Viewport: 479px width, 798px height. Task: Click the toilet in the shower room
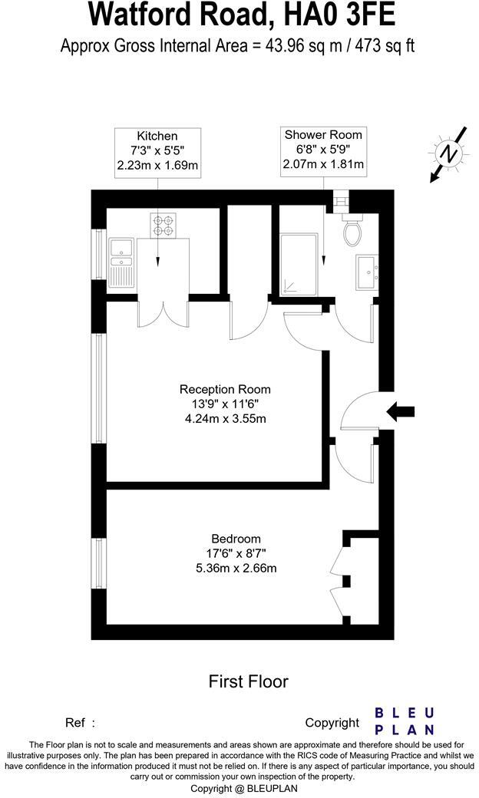353,231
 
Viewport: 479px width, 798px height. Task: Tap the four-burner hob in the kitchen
163,225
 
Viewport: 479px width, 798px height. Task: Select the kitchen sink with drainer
121,262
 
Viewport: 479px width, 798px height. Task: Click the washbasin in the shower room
366,272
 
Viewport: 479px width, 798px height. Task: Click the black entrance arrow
399,412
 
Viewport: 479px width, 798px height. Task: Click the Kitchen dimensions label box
157,153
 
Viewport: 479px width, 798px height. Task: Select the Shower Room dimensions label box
323,150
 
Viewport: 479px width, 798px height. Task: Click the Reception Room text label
225,389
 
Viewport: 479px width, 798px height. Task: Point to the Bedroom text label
236,539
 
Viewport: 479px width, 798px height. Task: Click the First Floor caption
248,681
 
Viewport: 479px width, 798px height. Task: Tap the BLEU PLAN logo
404,721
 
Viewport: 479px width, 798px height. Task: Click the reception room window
99,388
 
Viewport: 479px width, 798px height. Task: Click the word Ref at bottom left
74,722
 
